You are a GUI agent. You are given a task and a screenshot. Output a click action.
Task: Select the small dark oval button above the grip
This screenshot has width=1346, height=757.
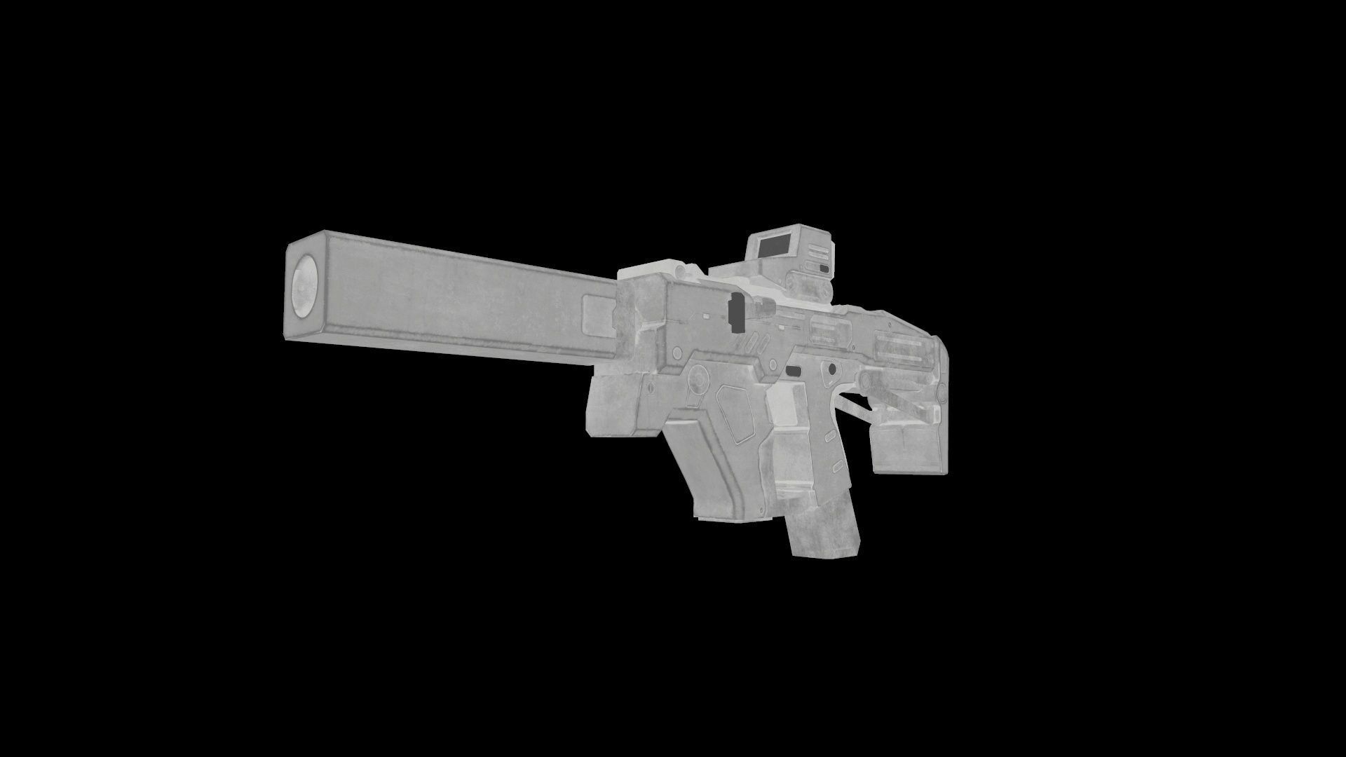tap(793, 370)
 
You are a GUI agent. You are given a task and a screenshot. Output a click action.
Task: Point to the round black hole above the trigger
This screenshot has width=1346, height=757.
tap(831, 368)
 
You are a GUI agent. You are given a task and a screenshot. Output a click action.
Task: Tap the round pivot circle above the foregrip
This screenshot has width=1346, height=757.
tap(698, 378)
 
